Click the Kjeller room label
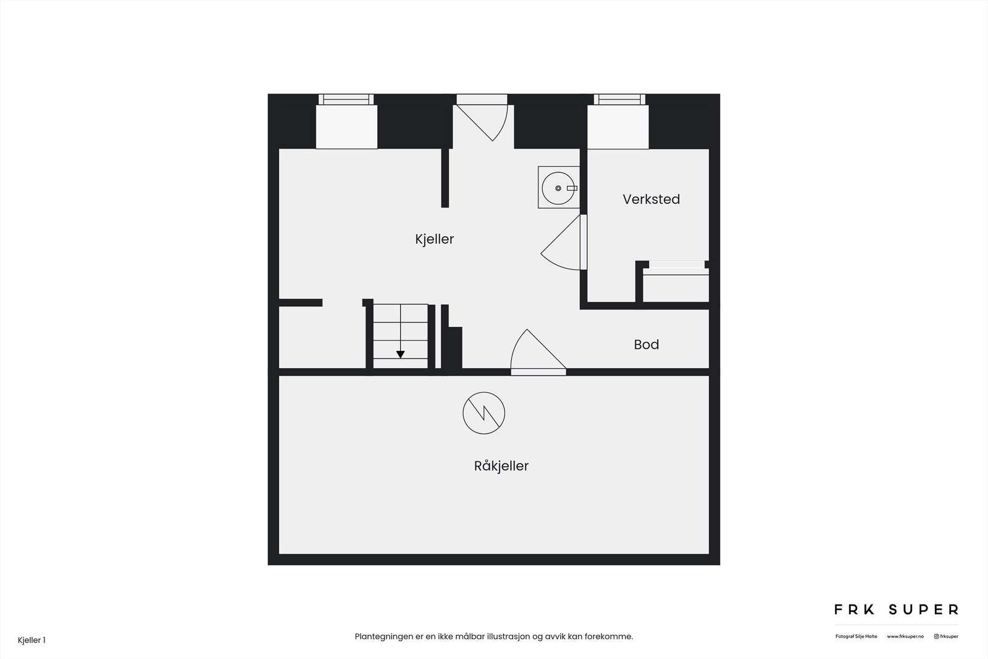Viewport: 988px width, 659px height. (x=434, y=239)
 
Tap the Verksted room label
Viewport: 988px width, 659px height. (x=651, y=199)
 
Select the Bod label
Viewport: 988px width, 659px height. (x=646, y=345)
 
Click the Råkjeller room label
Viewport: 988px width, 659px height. (x=501, y=466)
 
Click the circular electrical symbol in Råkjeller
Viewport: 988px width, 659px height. (x=484, y=413)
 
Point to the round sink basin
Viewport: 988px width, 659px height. (x=558, y=188)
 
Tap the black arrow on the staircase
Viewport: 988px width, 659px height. (x=400, y=355)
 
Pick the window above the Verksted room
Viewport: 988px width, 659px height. (x=619, y=99)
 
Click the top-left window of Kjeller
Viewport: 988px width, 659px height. (x=346, y=99)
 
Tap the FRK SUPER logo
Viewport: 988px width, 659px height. (x=896, y=610)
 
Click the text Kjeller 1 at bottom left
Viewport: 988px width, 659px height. (x=31, y=640)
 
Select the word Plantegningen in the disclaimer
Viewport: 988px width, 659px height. (x=383, y=636)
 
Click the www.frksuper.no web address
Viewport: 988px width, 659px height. (x=905, y=636)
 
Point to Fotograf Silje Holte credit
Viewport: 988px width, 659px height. (x=856, y=636)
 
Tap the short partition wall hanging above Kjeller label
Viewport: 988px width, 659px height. (x=445, y=178)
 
